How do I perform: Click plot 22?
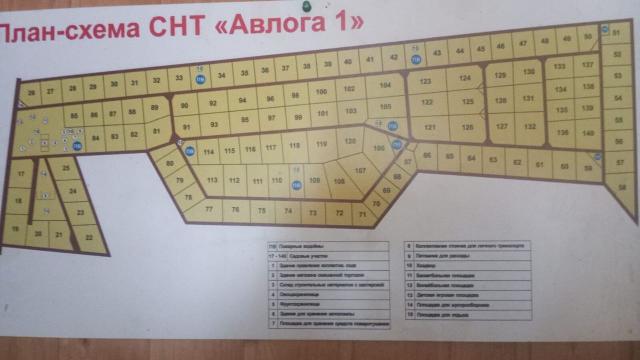tap(90, 237)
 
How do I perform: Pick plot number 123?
tap(426, 80)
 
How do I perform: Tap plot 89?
tap(154, 107)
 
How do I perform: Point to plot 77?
tap(209, 210)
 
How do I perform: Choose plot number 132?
tap(529, 126)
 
